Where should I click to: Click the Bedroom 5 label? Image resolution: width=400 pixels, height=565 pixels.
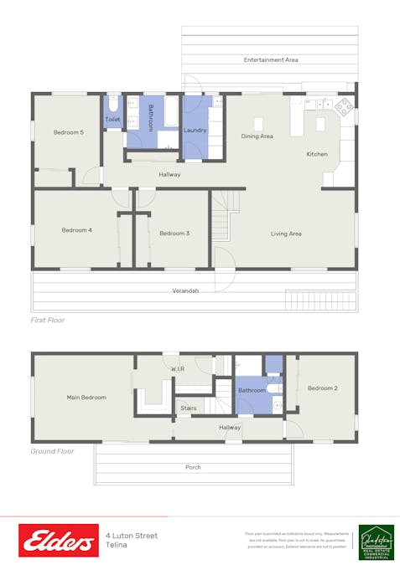pyautogui.click(x=69, y=132)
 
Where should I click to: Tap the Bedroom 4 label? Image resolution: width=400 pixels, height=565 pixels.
pyautogui.click(x=76, y=230)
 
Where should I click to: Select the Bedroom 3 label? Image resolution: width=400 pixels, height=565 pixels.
pyautogui.click(x=174, y=234)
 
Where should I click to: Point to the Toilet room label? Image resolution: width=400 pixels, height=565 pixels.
pyautogui.click(x=112, y=120)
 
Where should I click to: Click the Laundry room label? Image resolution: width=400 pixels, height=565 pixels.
pyautogui.click(x=195, y=130)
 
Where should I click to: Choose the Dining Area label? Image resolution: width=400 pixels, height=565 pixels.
pyautogui.click(x=257, y=136)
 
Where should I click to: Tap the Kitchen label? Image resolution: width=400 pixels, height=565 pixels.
pyautogui.click(x=317, y=154)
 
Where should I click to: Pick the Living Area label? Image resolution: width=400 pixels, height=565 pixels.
pyautogui.click(x=286, y=234)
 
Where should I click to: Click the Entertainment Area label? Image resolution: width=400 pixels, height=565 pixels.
pyautogui.click(x=271, y=60)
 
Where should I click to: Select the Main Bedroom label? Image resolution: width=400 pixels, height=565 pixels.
pyautogui.click(x=86, y=398)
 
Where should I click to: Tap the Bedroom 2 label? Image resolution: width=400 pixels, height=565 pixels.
pyautogui.click(x=322, y=388)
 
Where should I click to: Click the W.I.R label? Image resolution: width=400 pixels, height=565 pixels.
pyautogui.click(x=178, y=368)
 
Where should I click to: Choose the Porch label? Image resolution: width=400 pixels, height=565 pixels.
pyautogui.click(x=193, y=467)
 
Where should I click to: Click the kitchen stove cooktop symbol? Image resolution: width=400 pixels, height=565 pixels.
pyautogui.click(x=344, y=107)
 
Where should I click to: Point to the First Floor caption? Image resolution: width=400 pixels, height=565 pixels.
pyautogui.click(x=47, y=320)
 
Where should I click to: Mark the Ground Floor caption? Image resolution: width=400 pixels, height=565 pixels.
pyautogui.click(x=52, y=451)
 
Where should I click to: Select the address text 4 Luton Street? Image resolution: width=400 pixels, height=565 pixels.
pyautogui.click(x=132, y=536)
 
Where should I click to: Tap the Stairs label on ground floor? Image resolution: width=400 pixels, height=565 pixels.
pyautogui.click(x=188, y=408)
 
